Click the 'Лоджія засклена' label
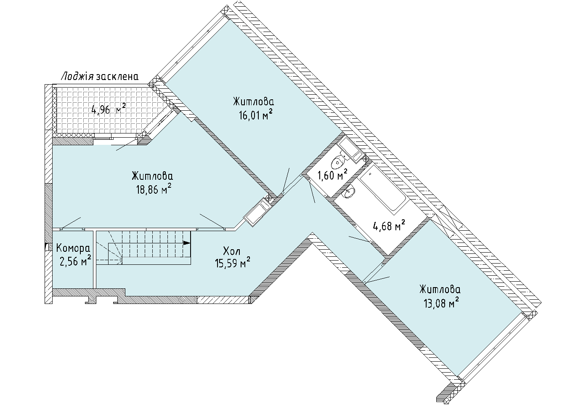[100, 76]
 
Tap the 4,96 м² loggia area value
[109, 109]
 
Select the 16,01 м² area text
[255, 115]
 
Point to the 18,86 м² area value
[154, 189]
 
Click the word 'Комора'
[73, 248]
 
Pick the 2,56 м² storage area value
[75, 261]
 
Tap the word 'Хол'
[232, 251]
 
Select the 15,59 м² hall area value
[233, 263]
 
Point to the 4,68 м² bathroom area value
[389, 226]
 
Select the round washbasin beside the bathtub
[349, 192]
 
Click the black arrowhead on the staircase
[187, 242]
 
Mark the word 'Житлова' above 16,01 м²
[254, 101]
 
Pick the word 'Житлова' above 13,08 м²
[440, 290]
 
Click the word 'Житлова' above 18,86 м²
[152, 176]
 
